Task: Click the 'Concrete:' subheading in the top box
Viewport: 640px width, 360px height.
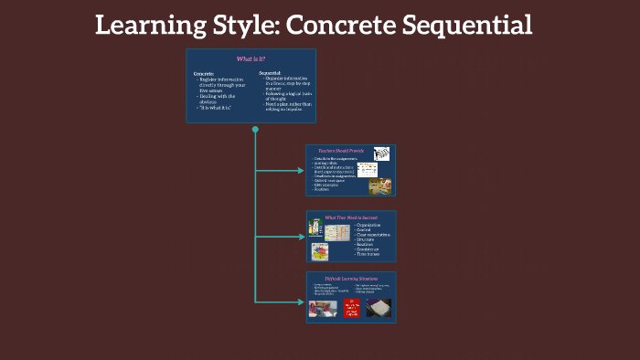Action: [204, 71]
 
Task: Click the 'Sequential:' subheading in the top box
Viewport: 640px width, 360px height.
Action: [270, 71]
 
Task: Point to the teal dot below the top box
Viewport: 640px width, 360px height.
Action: [255, 129]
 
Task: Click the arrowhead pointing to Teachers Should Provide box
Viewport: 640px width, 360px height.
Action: [301, 170]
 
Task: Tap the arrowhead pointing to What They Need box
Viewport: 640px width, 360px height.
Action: [301, 236]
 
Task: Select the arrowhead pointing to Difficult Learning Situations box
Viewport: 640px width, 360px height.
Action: [301, 302]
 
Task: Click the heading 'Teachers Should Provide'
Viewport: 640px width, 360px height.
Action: [340, 151]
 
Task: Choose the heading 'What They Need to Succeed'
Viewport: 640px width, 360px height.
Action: [350, 217]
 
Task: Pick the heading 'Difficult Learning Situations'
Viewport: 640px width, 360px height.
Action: [351, 278]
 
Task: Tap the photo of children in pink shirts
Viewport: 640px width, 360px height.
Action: [323, 308]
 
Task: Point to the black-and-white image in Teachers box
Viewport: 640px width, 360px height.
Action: [381, 153]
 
